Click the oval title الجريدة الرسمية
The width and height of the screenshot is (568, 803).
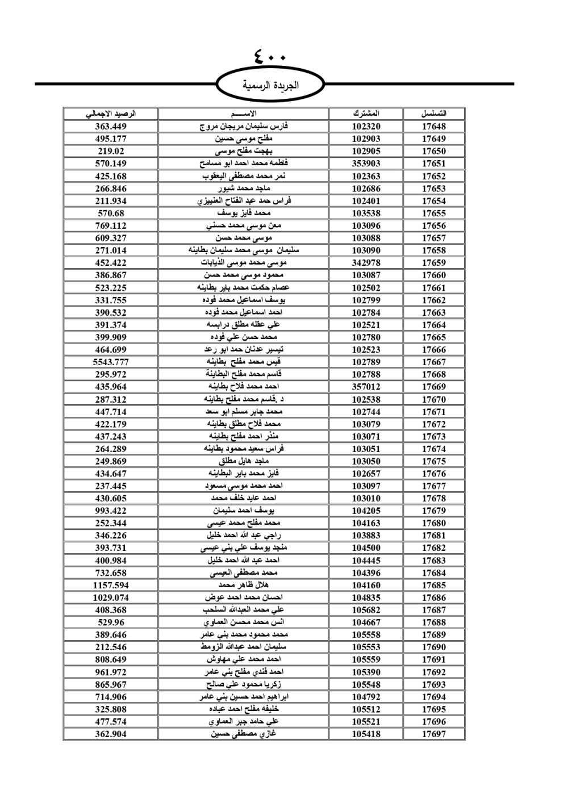coord(271,85)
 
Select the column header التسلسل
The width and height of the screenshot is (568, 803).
coord(433,114)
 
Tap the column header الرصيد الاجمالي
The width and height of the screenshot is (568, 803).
coord(111,114)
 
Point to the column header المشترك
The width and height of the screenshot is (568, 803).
coord(366,114)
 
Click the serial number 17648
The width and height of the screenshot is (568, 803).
coord(433,127)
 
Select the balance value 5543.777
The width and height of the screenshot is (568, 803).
coord(111,362)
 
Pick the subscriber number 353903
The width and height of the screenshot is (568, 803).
coord(366,164)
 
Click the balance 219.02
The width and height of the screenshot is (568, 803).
coord(111,151)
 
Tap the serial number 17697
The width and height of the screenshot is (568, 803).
coord(433,734)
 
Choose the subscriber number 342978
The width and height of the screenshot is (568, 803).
coord(366,263)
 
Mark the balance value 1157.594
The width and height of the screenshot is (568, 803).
coord(111,585)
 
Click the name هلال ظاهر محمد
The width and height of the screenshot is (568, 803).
coord(244,585)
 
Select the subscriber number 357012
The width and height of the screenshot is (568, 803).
coord(366,387)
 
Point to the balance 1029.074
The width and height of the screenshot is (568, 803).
coord(111,597)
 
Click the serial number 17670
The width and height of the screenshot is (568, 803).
coord(433,399)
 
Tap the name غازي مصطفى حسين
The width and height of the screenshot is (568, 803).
coord(244,734)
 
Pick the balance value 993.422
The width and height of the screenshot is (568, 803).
coord(111,511)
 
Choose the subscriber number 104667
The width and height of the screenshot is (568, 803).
coord(366,622)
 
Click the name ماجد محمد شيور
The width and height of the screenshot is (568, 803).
coord(244,189)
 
